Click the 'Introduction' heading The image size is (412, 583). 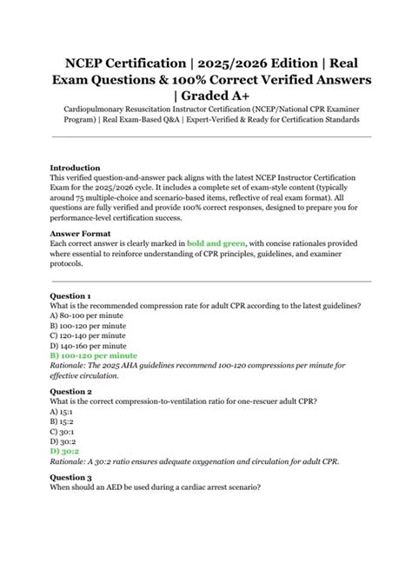[x=75, y=168]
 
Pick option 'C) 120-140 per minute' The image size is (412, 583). [x=88, y=335]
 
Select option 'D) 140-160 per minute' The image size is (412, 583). [x=88, y=345]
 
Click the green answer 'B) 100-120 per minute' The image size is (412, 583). [x=94, y=355]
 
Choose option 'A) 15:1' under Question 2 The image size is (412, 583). [x=63, y=411]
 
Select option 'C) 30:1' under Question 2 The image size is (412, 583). [x=63, y=431]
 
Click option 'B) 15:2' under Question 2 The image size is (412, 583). [x=63, y=421]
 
